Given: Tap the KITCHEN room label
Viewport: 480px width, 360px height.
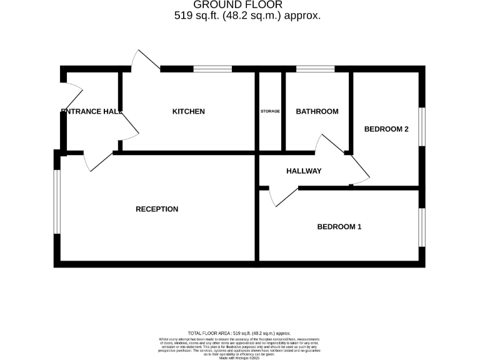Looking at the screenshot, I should coord(188,112).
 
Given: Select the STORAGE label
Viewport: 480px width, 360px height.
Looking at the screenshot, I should coord(270,112).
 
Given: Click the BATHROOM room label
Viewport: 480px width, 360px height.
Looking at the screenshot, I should coord(317,112).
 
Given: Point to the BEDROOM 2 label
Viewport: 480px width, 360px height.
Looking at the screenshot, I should coord(386,129).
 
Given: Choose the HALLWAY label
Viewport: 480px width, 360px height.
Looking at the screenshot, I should coord(304,171).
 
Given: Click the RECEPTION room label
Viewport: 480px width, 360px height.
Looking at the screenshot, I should coord(157,209).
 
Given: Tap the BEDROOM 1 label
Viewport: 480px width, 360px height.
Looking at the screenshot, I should coord(339,227).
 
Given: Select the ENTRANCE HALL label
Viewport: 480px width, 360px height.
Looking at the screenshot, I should coord(91,112).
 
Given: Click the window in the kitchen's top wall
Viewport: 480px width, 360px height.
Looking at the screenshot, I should coord(212,69).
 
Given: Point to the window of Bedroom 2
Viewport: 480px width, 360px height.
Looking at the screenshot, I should coord(422,127).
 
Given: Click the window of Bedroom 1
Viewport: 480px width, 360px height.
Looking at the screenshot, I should coord(422,227).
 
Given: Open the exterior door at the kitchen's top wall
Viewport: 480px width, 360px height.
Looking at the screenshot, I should coord(146,60).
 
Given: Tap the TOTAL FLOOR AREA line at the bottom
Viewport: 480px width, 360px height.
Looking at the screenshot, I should coord(239,334).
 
